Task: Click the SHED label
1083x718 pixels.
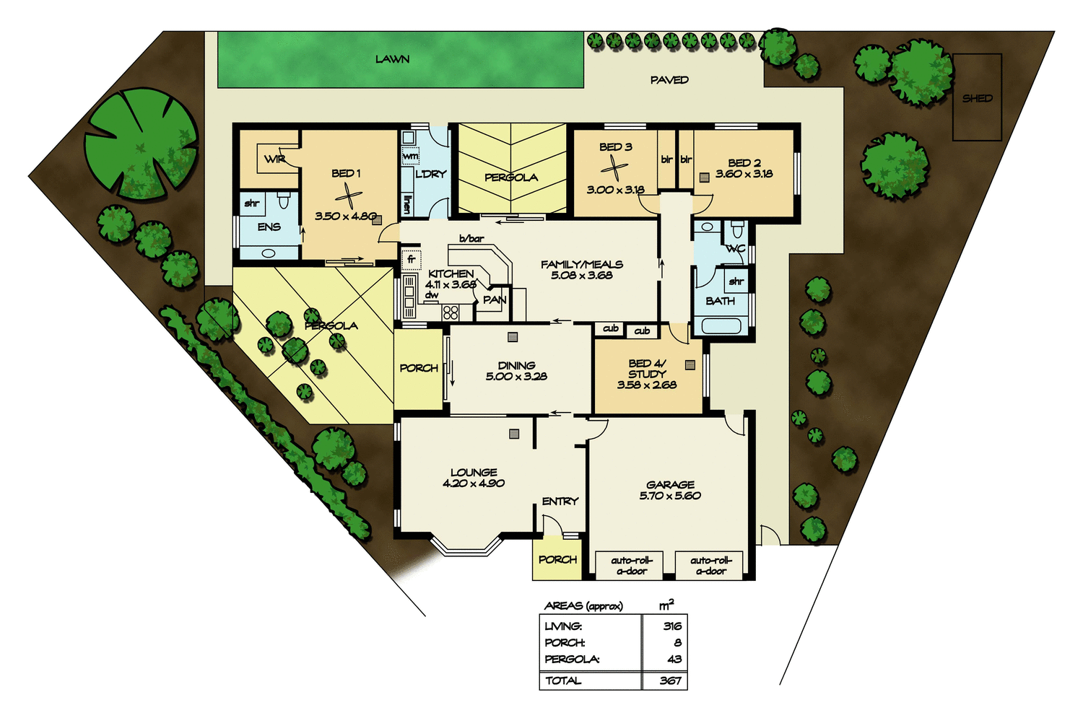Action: pyautogui.click(x=977, y=98)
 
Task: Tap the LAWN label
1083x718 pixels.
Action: pyautogui.click(x=392, y=59)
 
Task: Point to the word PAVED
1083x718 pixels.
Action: pyautogui.click(x=669, y=80)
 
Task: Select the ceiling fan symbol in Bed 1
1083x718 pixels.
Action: pyautogui.click(x=347, y=196)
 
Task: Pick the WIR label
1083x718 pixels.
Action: pyautogui.click(x=274, y=159)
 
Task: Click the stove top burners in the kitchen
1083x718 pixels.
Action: pyautogui.click(x=451, y=312)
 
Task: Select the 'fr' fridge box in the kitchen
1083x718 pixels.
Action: pyautogui.click(x=412, y=259)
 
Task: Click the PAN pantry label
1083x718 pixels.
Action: pyautogui.click(x=495, y=299)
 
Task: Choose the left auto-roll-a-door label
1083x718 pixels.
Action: pyautogui.click(x=631, y=565)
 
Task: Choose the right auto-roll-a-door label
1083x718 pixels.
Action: pyautogui.click(x=711, y=565)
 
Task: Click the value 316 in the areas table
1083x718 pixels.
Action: pyautogui.click(x=672, y=626)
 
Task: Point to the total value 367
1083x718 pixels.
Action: pyautogui.click(x=671, y=680)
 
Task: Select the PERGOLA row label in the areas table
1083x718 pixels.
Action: pyautogui.click(x=572, y=659)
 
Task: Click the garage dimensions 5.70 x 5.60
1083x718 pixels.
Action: pyautogui.click(x=670, y=496)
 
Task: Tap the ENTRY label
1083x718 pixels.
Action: pyautogui.click(x=560, y=501)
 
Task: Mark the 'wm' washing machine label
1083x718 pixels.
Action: pyautogui.click(x=410, y=156)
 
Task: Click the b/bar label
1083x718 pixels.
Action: pyautogui.click(x=471, y=238)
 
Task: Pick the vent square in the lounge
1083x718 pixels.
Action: pyautogui.click(x=514, y=434)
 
